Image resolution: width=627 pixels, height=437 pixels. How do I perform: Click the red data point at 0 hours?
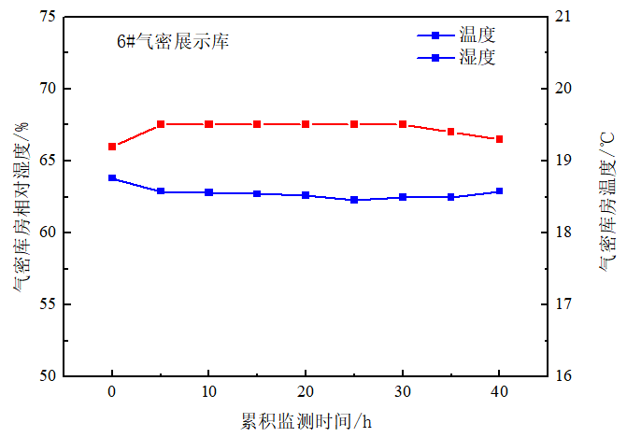click(x=112, y=147)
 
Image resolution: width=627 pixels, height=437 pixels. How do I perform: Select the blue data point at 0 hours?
click(x=112, y=177)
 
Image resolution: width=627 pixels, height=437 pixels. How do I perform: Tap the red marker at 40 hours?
click(x=500, y=139)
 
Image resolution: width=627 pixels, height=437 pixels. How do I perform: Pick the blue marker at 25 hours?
click(x=354, y=200)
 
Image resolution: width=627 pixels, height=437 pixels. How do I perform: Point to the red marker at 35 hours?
click(x=451, y=132)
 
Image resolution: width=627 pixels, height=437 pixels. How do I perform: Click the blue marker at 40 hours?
click(x=500, y=190)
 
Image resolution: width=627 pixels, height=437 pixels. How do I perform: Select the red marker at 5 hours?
click(x=161, y=124)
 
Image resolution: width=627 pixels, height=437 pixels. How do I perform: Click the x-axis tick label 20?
click(x=306, y=391)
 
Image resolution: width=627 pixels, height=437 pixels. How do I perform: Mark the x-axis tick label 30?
click(x=403, y=391)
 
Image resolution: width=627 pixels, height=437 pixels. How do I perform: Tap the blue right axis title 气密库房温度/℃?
click(x=608, y=196)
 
